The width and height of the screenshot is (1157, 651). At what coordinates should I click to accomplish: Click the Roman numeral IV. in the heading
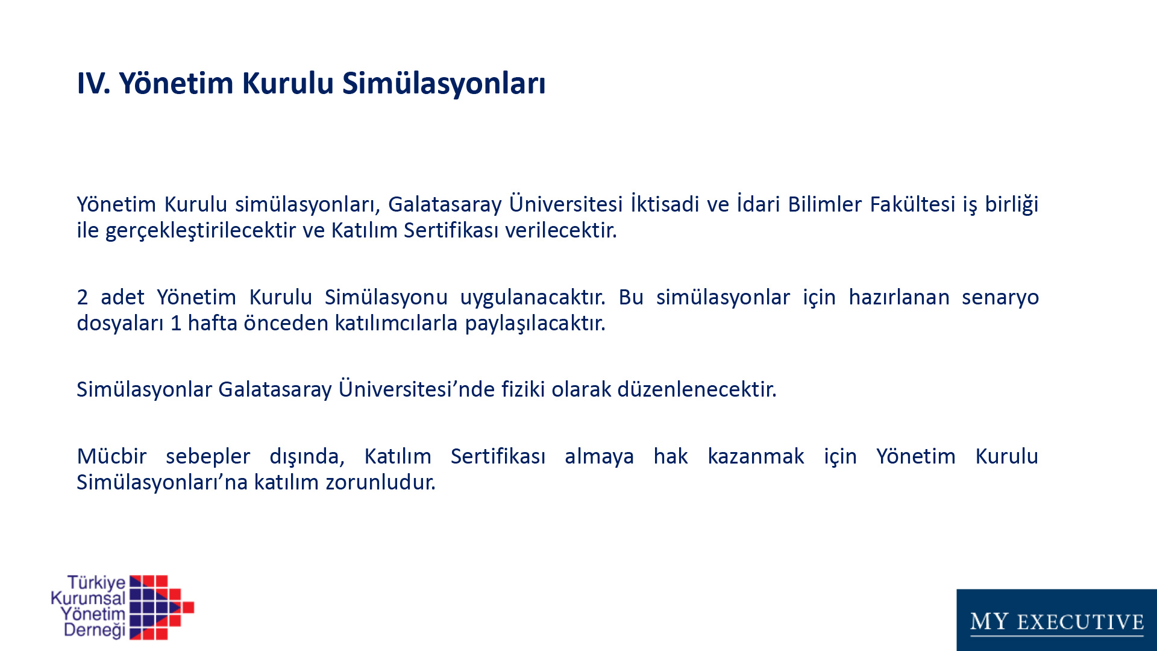click(93, 83)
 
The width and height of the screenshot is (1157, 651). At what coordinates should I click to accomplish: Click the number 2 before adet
click(83, 297)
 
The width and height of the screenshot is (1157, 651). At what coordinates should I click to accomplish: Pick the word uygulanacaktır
click(533, 298)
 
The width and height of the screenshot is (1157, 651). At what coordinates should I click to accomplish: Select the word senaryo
click(1000, 298)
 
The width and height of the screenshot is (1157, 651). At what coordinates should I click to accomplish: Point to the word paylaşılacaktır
click(535, 324)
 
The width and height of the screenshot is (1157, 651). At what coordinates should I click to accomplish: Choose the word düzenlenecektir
click(697, 389)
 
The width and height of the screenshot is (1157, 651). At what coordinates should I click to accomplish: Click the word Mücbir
click(111, 456)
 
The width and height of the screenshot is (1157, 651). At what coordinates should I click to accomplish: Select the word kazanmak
click(756, 456)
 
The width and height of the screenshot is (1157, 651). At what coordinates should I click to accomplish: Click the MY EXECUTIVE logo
click(1057, 620)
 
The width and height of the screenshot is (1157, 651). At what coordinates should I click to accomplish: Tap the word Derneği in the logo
click(95, 631)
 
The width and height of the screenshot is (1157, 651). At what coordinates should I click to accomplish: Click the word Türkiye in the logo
click(96, 582)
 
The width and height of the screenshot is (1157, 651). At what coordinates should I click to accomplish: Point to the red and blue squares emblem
click(161, 607)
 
